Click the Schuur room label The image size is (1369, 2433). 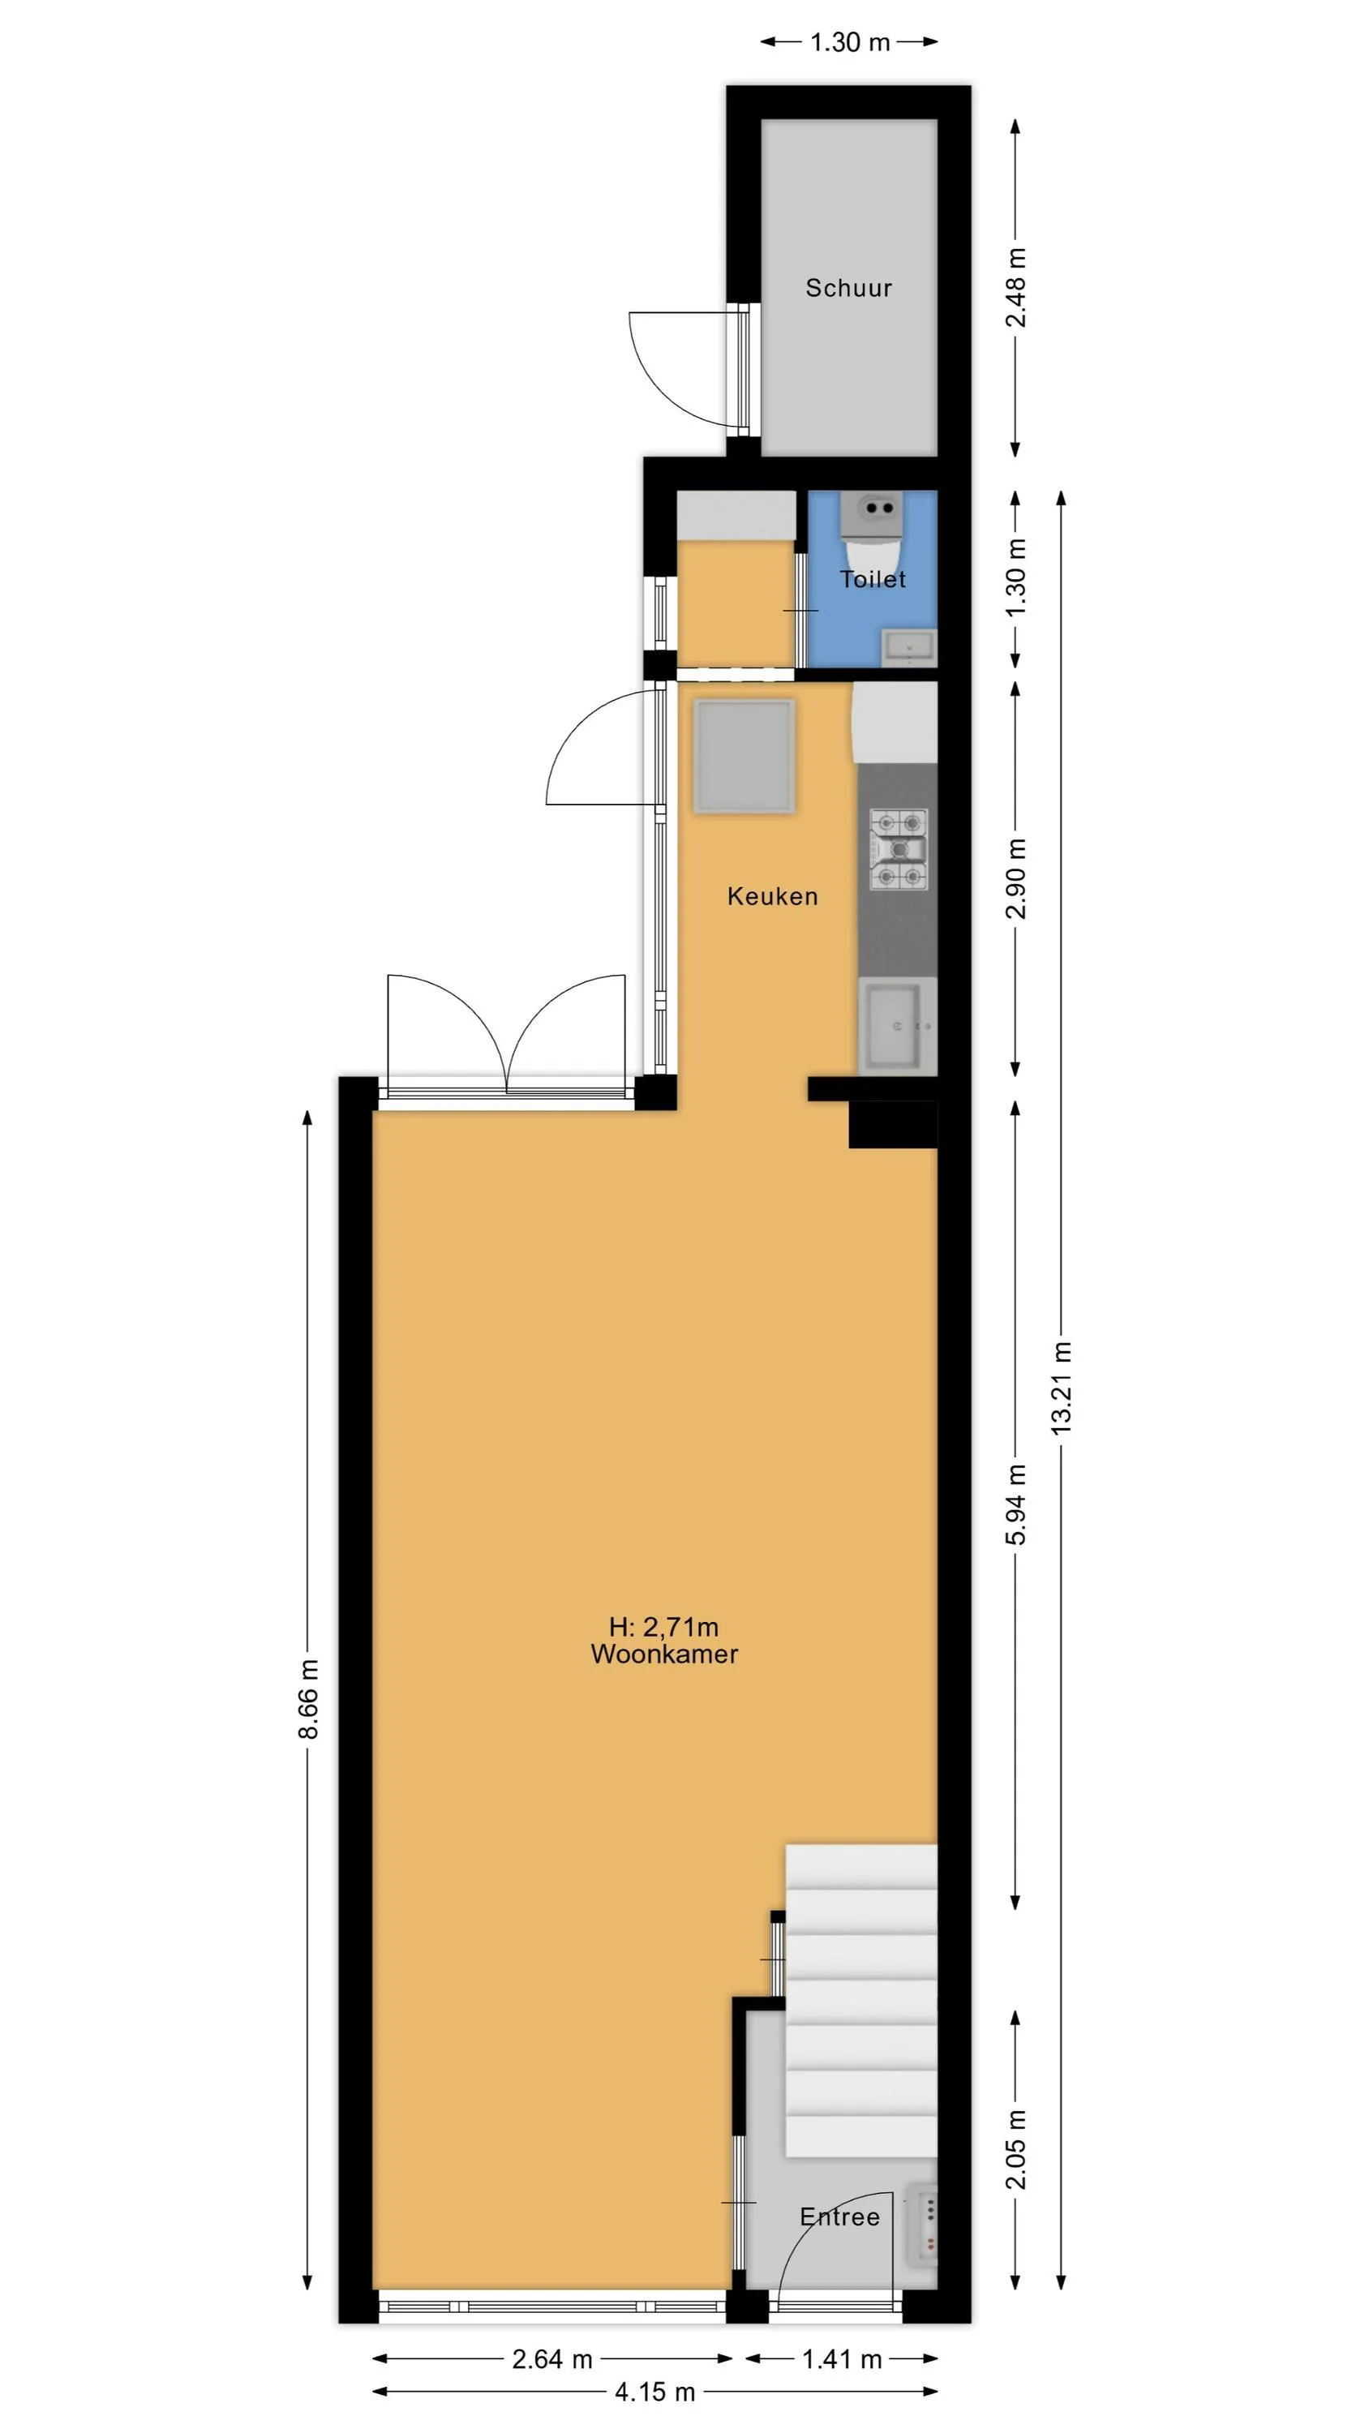coord(848,288)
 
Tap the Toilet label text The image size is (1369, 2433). coord(872,579)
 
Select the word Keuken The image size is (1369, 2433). coord(772,896)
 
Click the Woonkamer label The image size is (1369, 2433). coord(664,1654)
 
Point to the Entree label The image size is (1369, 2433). coord(839,2216)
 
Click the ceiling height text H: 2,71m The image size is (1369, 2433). coord(663,1626)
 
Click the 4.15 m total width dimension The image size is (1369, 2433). coord(654,2392)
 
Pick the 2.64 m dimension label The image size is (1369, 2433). coord(551,2359)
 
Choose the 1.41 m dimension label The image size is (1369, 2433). coord(842,2359)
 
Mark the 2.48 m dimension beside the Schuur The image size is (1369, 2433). coord(1015,287)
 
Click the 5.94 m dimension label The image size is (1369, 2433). coord(1015,1504)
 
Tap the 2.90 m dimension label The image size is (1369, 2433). coord(1015,878)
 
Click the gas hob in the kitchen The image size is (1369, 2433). coord(899,850)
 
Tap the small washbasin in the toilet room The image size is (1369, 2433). coord(908,648)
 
